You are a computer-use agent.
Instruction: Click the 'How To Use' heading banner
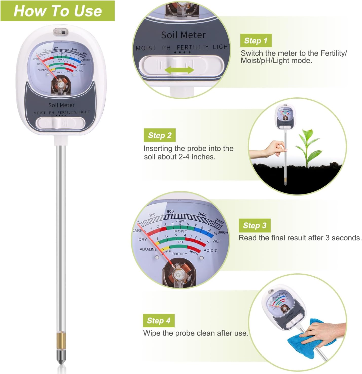58,11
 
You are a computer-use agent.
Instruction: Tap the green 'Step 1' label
256,41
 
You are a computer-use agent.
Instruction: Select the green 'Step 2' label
159,135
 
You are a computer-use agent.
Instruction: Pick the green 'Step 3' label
255,225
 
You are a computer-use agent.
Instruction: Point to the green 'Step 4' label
158,320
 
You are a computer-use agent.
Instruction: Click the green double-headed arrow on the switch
179,70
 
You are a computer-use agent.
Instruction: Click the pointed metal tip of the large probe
61,360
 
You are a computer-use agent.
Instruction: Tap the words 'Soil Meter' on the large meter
61,105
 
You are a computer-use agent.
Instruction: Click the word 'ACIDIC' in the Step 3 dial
210,251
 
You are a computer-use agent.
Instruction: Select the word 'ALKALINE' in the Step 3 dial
148,249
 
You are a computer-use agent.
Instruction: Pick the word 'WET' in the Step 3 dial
216,241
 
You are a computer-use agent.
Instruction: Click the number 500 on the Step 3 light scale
170,211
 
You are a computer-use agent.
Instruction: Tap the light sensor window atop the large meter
61,32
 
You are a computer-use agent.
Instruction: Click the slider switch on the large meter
60,123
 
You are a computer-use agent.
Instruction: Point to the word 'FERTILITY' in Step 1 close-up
193,47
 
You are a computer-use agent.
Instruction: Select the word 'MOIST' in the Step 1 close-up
146,48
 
